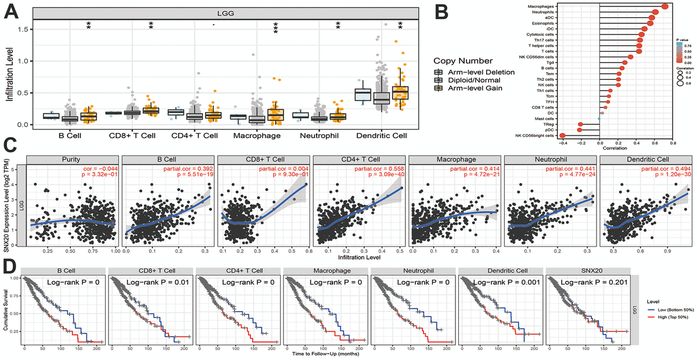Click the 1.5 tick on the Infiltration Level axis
(x=23, y=29)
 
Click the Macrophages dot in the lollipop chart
(x=664, y=6)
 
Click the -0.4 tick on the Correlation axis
(x=563, y=143)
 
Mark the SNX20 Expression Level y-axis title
(x=6, y=205)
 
